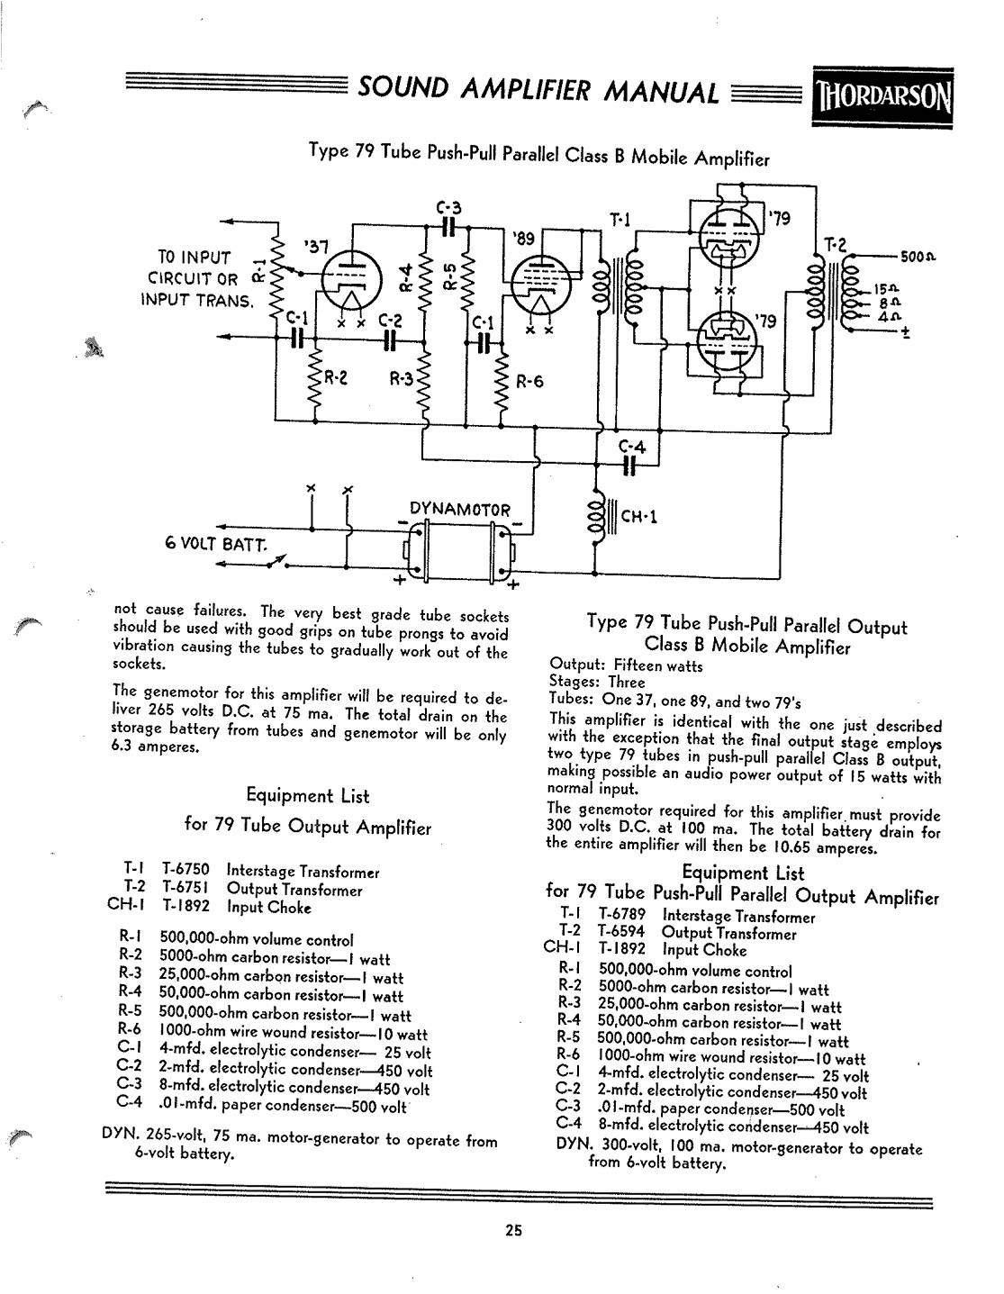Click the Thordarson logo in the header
pyautogui.click(x=882, y=97)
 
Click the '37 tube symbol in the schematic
pyautogui.click(x=350, y=279)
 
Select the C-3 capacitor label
pyautogui.click(x=448, y=208)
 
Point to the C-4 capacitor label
pyautogui.click(x=631, y=447)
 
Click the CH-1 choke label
pyautogui.click(x=638, y=516)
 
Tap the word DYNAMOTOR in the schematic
pyautogui.click(x=460, y=510)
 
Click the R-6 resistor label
pyautogui.click(x=529, y=381)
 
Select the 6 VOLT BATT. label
pyautogui.click(x=216, y=544)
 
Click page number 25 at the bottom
pyautogui.click(x=513, y=1230)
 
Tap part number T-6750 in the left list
pyautogui.click(x=185, y=869)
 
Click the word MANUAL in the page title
pyautogui.click(x=660, y=93)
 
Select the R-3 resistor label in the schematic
pyautogui.click(x=402, y=378)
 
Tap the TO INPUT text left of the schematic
pyautogui.click(x=194, y=258)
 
